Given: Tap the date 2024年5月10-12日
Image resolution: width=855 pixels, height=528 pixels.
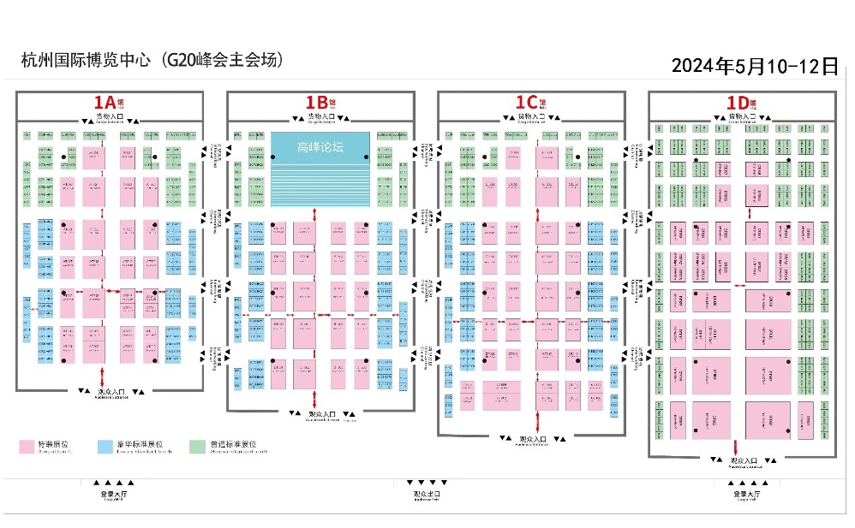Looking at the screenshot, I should tap(754, 67).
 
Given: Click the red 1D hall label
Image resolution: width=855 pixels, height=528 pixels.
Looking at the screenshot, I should tap(738, 103).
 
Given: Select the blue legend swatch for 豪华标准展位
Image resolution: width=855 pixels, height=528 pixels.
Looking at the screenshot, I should tap(106, 447).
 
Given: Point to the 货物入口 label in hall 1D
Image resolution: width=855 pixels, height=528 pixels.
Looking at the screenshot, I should tap(739, 116).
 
